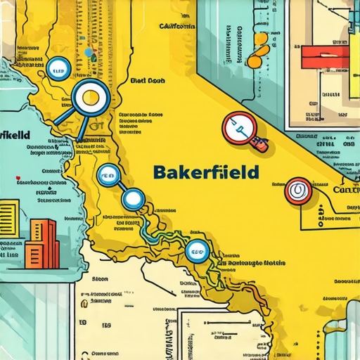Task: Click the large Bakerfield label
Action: pos(205,172)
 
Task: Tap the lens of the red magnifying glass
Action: pos(237,127)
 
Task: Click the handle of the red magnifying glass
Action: pos(259,146)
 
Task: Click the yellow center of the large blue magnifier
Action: pos(89,98)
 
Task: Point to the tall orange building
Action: pos(40,242)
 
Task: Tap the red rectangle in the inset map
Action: pos(326,57)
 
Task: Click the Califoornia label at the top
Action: pos(167,26)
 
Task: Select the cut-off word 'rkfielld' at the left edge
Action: pos(14,134)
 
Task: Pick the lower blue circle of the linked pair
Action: pos(132,199)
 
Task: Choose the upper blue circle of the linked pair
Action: pos(108,174)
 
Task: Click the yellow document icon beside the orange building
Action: pos(9,214)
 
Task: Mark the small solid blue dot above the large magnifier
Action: pos(88,52)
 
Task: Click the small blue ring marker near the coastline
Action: pos(57,68)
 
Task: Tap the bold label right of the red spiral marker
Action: pos(345,190)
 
